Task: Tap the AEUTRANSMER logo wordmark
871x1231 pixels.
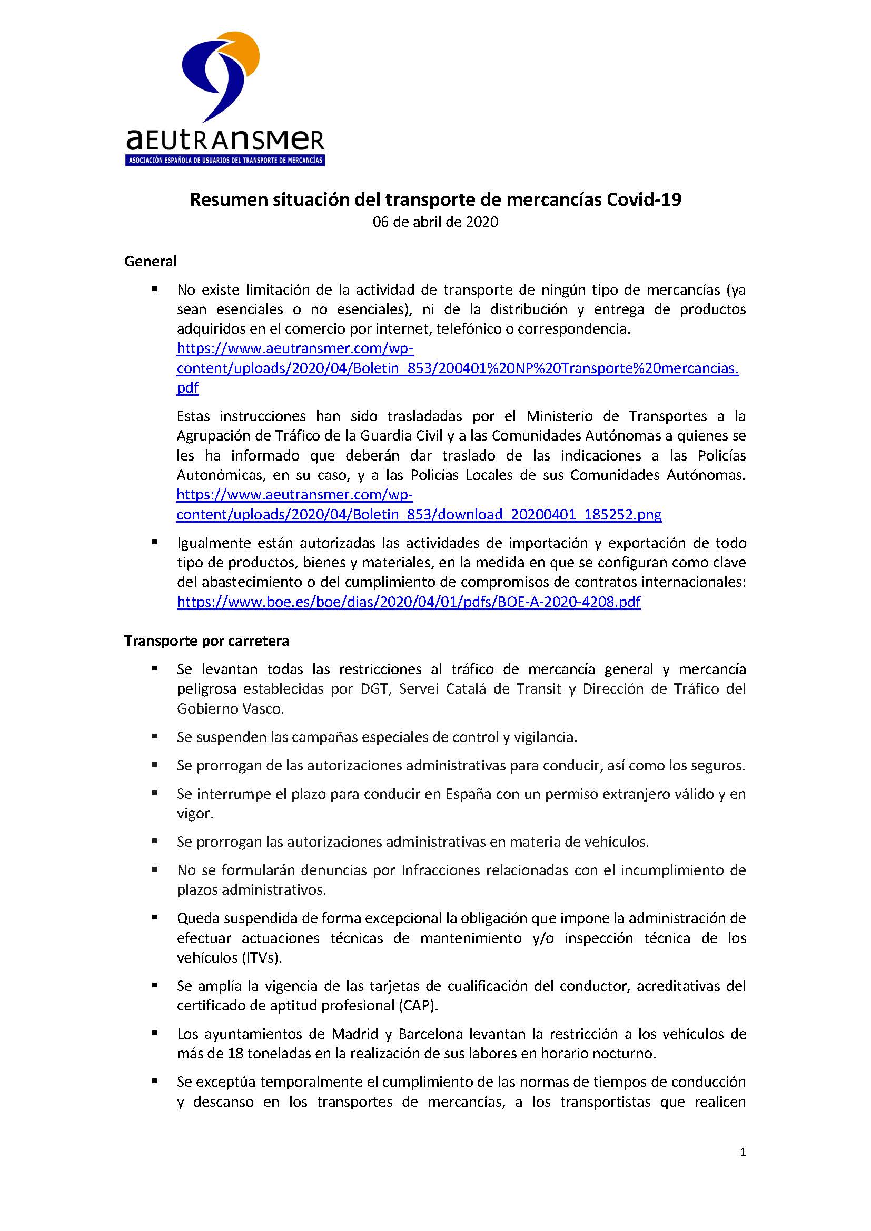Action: coord(225,141)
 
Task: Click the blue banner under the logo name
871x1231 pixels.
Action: coord(225,161)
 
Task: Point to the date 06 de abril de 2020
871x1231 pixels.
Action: coord(435,222)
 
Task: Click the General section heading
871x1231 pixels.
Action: coord(151,261)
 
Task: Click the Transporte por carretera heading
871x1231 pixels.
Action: coord(206,640)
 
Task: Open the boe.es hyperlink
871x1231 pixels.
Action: coord(409,602)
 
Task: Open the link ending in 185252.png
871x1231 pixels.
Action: coord(418,514)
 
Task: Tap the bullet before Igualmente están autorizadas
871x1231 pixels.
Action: coord(155,542)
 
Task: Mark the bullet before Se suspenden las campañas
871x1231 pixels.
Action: coord(155,736)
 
